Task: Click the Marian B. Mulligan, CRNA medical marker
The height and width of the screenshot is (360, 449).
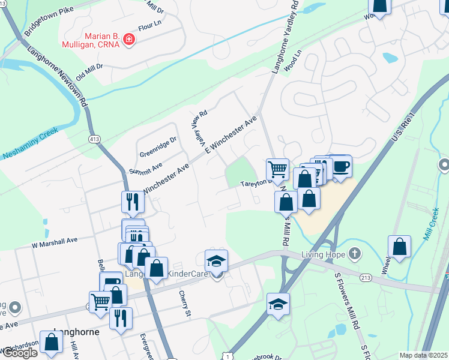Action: pyautogui.click(x=128, y=40)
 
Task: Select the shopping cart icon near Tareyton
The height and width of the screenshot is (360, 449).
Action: pyautogui.click(x=277, y=169)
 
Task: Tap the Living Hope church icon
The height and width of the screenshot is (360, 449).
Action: pyautogui.click(x=355, y=253)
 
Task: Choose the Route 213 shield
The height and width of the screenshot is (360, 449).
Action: pyautogui.click(x=366, y=278)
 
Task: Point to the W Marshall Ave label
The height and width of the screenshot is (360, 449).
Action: pyautogui.click(x=55, y=241)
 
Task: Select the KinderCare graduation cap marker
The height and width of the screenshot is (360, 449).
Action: pyautogui.click(x=216, y=260)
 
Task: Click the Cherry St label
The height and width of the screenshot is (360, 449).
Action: pyautogui.click(x=184, y=304)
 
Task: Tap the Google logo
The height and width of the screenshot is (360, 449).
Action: pyautogui.click(x=19, y=353)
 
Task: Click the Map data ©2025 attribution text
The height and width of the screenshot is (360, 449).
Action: pyautogui.click(x=423, y=355)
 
